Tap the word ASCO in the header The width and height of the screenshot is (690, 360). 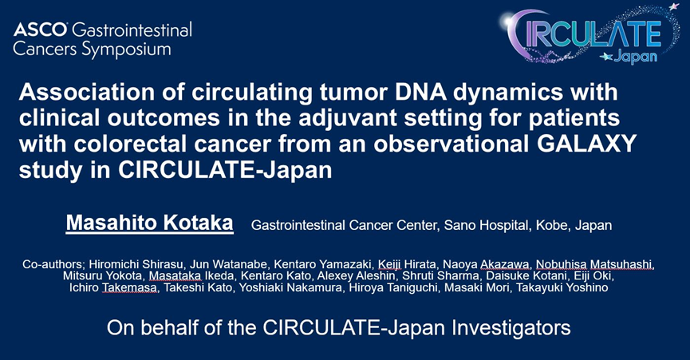pyautogui.click(x=41, y=30)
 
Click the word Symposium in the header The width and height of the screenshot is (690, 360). pyautogui.click(x=126, y=50)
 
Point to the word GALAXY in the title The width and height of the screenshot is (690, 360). pyautogui.click(x=583, y=144)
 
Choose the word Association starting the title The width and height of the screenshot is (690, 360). pyautogui.click(x=87, y=93)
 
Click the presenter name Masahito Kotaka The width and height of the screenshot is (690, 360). pyautogui.click(x=150, y=224)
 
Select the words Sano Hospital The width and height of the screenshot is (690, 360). pyautogui.click(x=487, y=225)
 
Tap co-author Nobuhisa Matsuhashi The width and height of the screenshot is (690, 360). pyautogui.click(x=595, y=264)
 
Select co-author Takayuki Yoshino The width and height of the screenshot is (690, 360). pyautogui.click(x=562, y=288)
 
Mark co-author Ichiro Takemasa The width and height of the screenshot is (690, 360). pyautogui.click(x=113, y=288)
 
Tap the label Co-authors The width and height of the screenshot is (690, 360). pyautogui.click(x=53, y=264)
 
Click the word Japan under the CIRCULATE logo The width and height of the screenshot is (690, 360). pyautogui.click(x=636, y=57)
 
